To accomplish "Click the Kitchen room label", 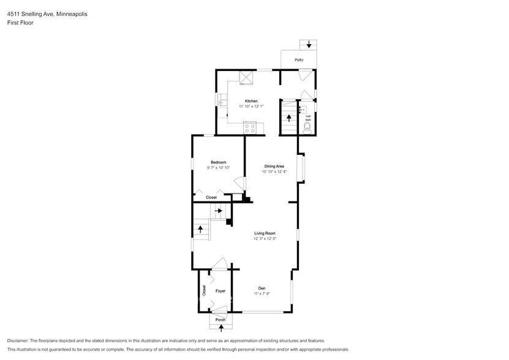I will point(251,101).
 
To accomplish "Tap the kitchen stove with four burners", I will point(249,128).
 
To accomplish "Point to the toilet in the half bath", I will point(307,127).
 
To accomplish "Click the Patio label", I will point(299,59).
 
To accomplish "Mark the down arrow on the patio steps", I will point(309,45).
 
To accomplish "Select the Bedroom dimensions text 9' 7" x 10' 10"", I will point(218,168).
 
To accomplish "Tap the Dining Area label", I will point(274,166).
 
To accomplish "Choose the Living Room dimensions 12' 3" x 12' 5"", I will point(265,239).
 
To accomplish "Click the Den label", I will point(261,288).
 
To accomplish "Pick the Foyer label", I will point(220,291).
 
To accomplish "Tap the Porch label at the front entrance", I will point(220,320).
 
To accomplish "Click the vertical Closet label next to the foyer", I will point(203,291).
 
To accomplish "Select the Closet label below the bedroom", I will point(211,197).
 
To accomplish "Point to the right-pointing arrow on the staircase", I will point(218,211).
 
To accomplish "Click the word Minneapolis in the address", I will point(68,13).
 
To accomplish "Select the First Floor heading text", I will point(20,22).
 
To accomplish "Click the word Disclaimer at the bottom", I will point(20,340).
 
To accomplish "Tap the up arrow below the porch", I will point(221,328).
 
